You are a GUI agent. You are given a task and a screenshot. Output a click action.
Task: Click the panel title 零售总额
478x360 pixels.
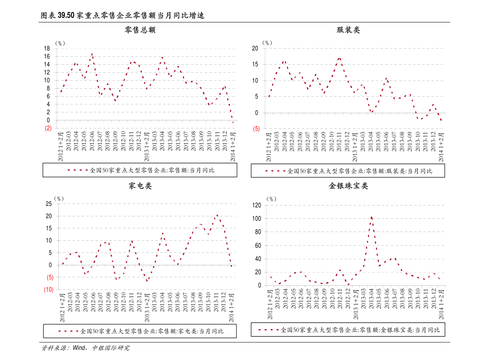click(140, 30)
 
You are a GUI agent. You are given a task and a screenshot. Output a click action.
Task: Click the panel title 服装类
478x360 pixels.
click(348, 30)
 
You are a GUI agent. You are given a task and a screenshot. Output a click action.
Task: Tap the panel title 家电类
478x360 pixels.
click(140, 186)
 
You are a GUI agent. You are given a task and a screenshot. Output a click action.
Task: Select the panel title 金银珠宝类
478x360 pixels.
click(348, 186)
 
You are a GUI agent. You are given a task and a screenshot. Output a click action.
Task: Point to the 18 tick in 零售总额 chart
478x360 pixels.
click(47, 49)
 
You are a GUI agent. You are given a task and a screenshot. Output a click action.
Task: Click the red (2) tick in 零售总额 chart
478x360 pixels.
click(48, 128)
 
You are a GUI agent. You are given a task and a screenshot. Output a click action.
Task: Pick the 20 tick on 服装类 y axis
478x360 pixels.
click(255, 49)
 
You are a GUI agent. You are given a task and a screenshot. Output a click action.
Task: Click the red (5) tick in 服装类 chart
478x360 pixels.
click(256, 129)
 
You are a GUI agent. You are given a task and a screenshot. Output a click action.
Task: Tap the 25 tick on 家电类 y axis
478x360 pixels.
click(49, 203)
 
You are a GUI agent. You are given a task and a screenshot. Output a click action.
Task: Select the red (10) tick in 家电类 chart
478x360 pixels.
click(49, 289)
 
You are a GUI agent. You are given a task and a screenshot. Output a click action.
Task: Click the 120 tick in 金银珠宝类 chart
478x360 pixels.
click(257, 205)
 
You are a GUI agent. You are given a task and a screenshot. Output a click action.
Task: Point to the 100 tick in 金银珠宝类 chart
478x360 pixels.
click(257, 219)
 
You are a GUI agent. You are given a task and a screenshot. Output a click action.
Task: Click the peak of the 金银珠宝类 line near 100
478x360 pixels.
click(371, 217)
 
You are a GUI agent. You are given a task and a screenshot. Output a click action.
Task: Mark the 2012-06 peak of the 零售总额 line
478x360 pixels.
click(92, 54)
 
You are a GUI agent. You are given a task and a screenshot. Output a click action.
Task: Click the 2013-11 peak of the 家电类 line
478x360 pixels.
click(217, 215)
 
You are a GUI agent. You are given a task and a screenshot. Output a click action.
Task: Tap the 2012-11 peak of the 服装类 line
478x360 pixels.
click(339, 58)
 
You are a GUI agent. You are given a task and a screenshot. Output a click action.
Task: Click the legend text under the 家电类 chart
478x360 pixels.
click(152, 331)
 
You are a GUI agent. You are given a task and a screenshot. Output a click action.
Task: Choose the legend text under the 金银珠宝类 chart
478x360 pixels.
click(360, 330)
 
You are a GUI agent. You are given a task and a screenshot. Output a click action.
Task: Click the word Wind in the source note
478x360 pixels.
click(79, 348)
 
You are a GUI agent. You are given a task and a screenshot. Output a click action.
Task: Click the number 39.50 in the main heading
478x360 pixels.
click(66, 15)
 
